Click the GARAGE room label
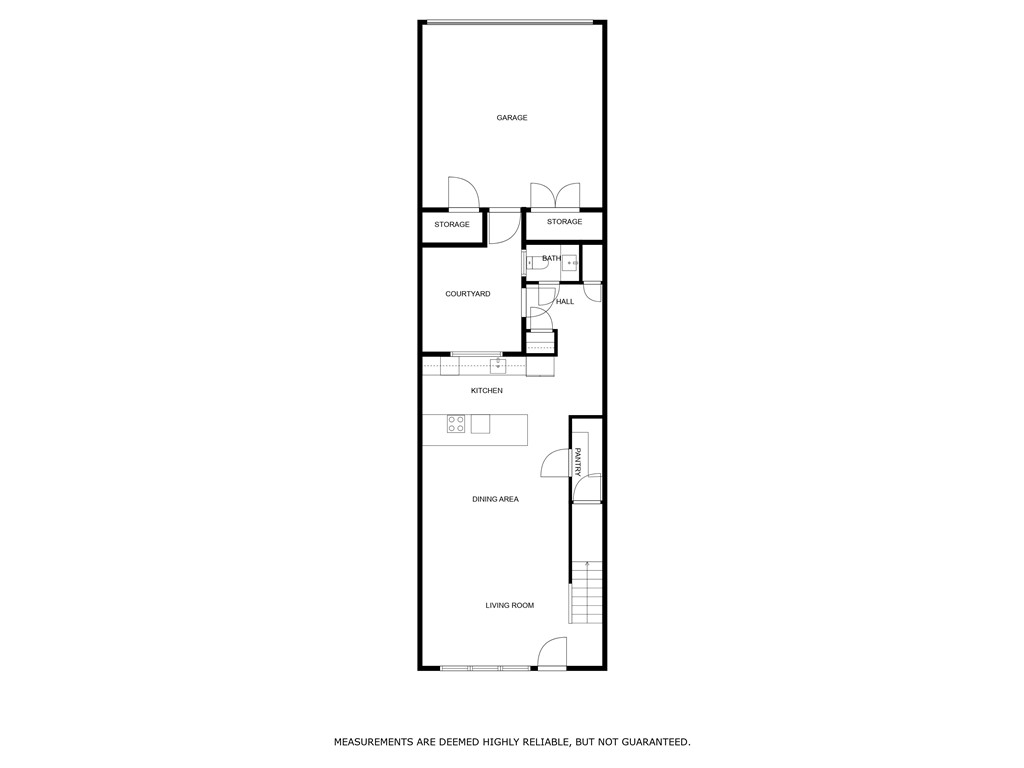point(512,118)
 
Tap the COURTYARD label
point(467,294)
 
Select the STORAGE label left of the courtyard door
point(452,225)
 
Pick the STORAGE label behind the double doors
point(564,222)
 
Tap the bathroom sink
point(569,264)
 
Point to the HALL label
point(565,301)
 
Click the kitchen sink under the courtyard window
point(497,365)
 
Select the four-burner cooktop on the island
point(456,423)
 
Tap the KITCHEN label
point(487,391)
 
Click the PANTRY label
point(577,461)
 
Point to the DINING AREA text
point(495,499)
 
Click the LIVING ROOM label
point(510,605)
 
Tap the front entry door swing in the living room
point(551,653)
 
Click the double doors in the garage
point(555,195)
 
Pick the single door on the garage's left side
point(463,193)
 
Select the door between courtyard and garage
point(504,228)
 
